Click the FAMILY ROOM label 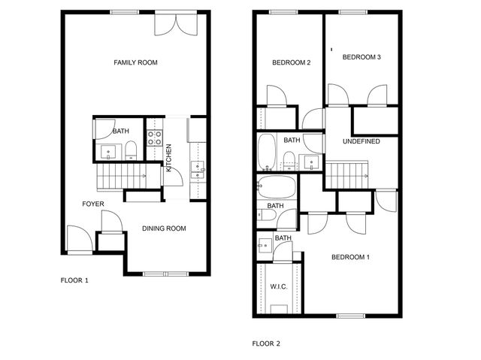click(135, 62)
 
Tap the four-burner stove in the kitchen click(154, 138)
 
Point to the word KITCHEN click(169, 158)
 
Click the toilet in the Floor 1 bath click(131, 150)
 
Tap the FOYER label click(93, 204)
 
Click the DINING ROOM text click(164, 228)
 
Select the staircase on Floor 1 click(120, 179)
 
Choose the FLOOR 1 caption click(74, 280)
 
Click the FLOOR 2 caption click(266, 343)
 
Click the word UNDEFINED click(361, 141)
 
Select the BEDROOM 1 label click(351, 257)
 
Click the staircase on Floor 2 click(348, 175)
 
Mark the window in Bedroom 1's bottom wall click(349, 315)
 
